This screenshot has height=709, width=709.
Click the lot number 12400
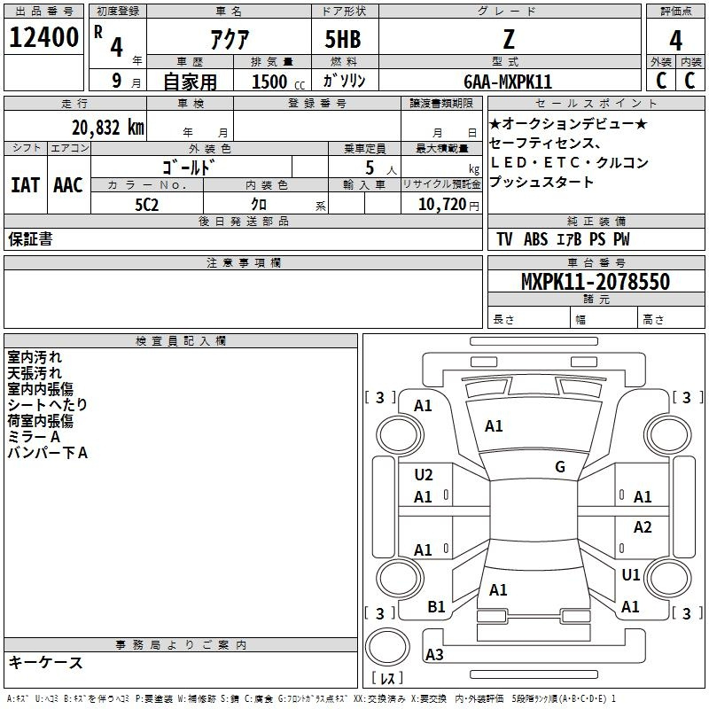point(43,37)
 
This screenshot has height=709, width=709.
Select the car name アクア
point(230,39)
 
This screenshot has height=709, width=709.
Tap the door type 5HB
point(343,39)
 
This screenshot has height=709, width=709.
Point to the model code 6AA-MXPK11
point(508,82)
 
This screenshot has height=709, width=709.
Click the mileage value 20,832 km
point(108,128)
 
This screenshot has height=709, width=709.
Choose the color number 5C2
point(147,205)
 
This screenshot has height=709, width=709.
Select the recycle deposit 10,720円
point(448,205)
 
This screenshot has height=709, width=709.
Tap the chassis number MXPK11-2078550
point(596,282)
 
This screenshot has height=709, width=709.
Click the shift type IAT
point(26,185)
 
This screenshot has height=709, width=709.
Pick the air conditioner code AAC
point(68,185)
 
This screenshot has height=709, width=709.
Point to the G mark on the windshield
point(560,467)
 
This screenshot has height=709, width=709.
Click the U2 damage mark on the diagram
point(424,475)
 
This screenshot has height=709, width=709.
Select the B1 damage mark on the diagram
point(436,607)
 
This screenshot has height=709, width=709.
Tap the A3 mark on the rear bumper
point(434,654)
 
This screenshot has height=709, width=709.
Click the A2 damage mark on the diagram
point(643,527)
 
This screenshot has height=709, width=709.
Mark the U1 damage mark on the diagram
point(631,575)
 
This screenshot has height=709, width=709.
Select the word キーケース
point(46,663)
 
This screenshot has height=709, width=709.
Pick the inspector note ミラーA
point(34,437)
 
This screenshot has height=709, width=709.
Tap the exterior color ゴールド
point(188,168)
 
